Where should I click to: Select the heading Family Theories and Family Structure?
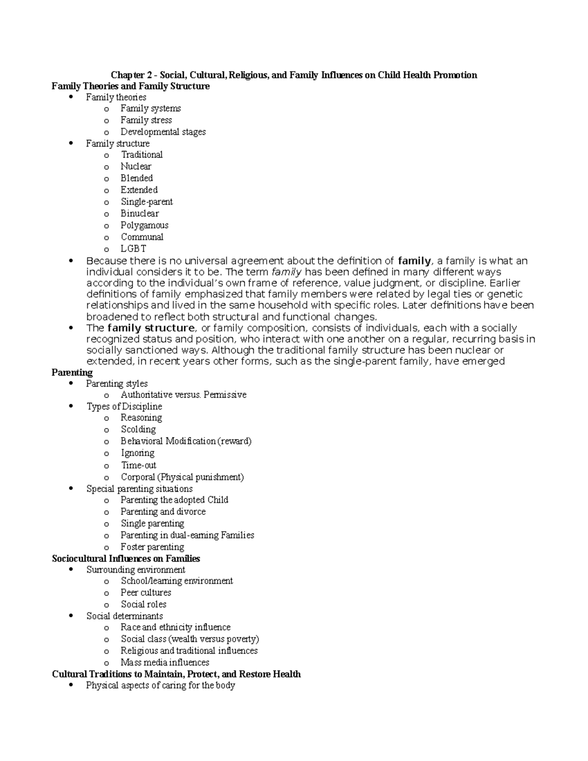(x=130, y=86)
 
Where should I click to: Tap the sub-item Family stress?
(x=146, y=120)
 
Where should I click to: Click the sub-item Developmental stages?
(x=163, y=132)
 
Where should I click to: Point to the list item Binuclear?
(x=140, y=214)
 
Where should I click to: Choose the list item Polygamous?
(x=144, y=225)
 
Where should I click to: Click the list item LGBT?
(x=133, y=249)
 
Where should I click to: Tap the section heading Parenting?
(x=72, y=372)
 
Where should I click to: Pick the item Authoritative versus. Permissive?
(x=183, y=395)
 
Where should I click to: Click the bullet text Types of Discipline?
(x=124, y=407)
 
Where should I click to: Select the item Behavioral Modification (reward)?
(x=186, y=441)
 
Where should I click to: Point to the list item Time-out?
(x=139, y=465)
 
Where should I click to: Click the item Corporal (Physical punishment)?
(x=182, y=477)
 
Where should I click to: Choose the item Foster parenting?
(x=152, y=547)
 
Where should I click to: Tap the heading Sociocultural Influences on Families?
(x=126, y=559)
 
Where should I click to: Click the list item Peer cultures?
(x=146, y=592)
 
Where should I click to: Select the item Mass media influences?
(x=165, y=663)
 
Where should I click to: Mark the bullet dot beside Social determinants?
(x=72, y=615)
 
